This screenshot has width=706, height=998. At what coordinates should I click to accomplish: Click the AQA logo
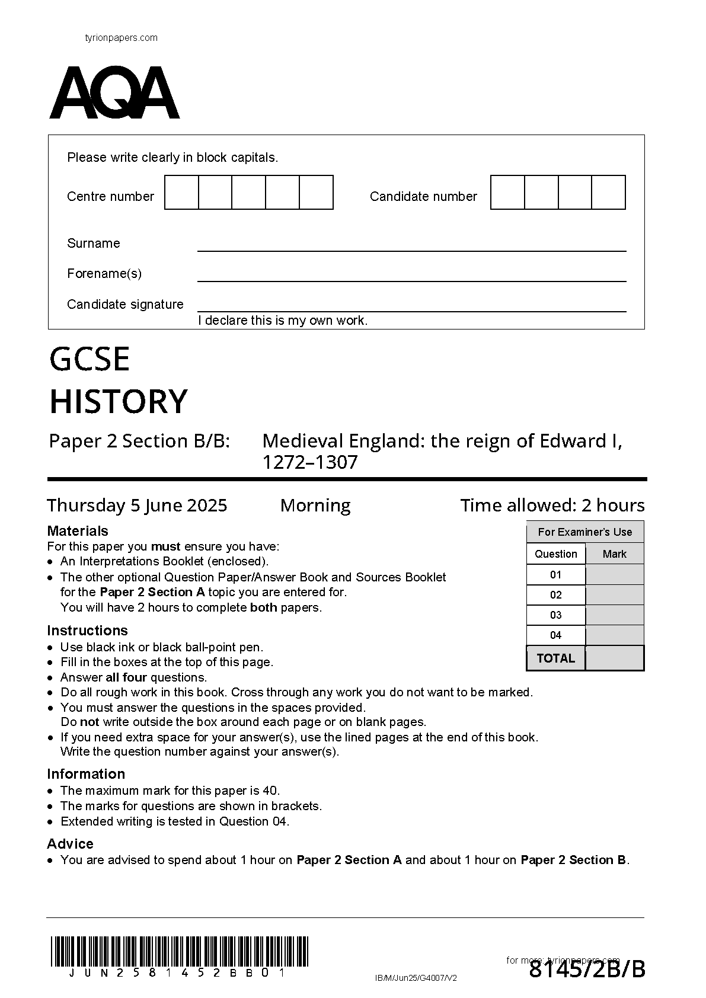click(114, 93)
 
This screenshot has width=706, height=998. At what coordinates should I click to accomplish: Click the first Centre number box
click(181, 193)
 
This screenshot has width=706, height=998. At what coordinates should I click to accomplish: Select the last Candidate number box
click(608, 193)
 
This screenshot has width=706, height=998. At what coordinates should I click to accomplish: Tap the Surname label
click(93, 244)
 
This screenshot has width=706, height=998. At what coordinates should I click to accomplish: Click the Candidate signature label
click(125, 305)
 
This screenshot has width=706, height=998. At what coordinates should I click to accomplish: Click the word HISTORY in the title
click(119, 401)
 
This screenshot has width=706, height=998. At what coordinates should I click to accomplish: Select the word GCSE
click(90, 359)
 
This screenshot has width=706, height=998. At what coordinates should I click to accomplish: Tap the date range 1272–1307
click(310, 462)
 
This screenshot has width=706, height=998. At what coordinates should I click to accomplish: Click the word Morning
click(315, 506)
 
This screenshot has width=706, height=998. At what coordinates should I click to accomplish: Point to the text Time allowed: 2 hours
click(552, 506)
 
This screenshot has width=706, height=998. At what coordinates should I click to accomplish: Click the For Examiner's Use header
click(585, 532)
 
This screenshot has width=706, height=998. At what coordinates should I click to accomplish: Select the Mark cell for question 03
click(614, 615)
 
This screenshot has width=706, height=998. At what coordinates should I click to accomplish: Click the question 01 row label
click(555, 575)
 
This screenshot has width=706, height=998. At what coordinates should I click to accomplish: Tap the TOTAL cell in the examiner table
click(555, 658)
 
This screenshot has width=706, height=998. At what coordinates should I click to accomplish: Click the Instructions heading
click(87, 631)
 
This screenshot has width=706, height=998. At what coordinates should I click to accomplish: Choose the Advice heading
click(70, 844)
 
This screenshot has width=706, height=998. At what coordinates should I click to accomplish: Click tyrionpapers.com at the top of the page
click(122, 38)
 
